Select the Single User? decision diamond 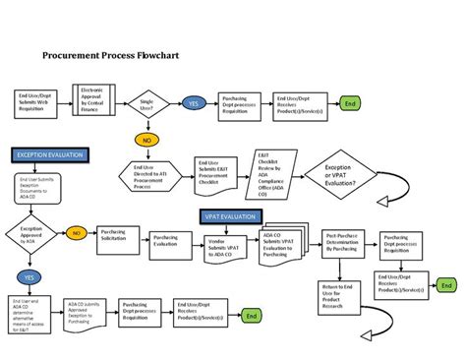[x=147, y=102]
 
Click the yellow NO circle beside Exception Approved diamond [x=75, y=234]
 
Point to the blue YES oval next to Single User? [x=194, y=102]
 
